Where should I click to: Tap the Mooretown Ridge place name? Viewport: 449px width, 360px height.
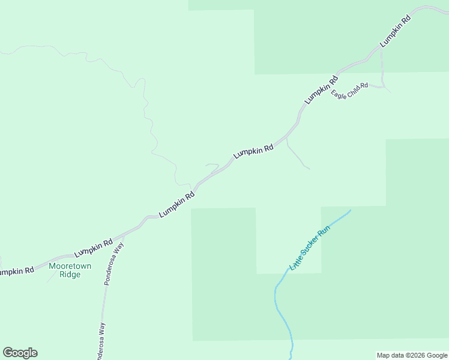70,270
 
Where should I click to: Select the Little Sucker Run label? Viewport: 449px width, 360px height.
310,247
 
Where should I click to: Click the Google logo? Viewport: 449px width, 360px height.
20,353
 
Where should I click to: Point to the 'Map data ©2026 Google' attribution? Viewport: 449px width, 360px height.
411,355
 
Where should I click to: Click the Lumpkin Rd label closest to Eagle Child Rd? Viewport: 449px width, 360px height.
321,89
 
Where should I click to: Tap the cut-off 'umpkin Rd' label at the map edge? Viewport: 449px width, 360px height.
16,271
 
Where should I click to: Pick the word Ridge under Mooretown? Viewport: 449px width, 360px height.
70,275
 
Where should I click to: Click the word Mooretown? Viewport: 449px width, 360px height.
70,266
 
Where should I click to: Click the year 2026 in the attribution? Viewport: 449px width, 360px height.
415,355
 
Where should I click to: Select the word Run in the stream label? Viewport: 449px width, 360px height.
324,230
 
